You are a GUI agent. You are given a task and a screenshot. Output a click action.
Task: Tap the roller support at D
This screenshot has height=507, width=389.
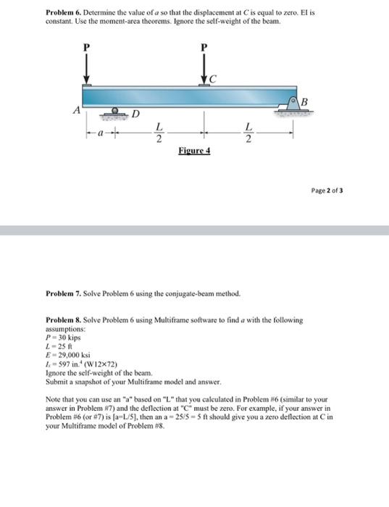click(x=116, y=112)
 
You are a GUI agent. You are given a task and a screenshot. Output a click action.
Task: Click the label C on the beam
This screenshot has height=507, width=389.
click(x=213, y=79)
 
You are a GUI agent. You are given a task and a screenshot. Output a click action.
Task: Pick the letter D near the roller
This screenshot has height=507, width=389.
click(x=135, y=113)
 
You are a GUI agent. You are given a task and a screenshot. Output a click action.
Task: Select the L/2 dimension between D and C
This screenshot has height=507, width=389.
click(x=159, y=134)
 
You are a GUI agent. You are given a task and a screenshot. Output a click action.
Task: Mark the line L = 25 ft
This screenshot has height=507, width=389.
click(x=58, y=346)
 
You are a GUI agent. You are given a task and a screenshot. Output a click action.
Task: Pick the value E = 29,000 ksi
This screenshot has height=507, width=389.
click(x=67, y=355)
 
